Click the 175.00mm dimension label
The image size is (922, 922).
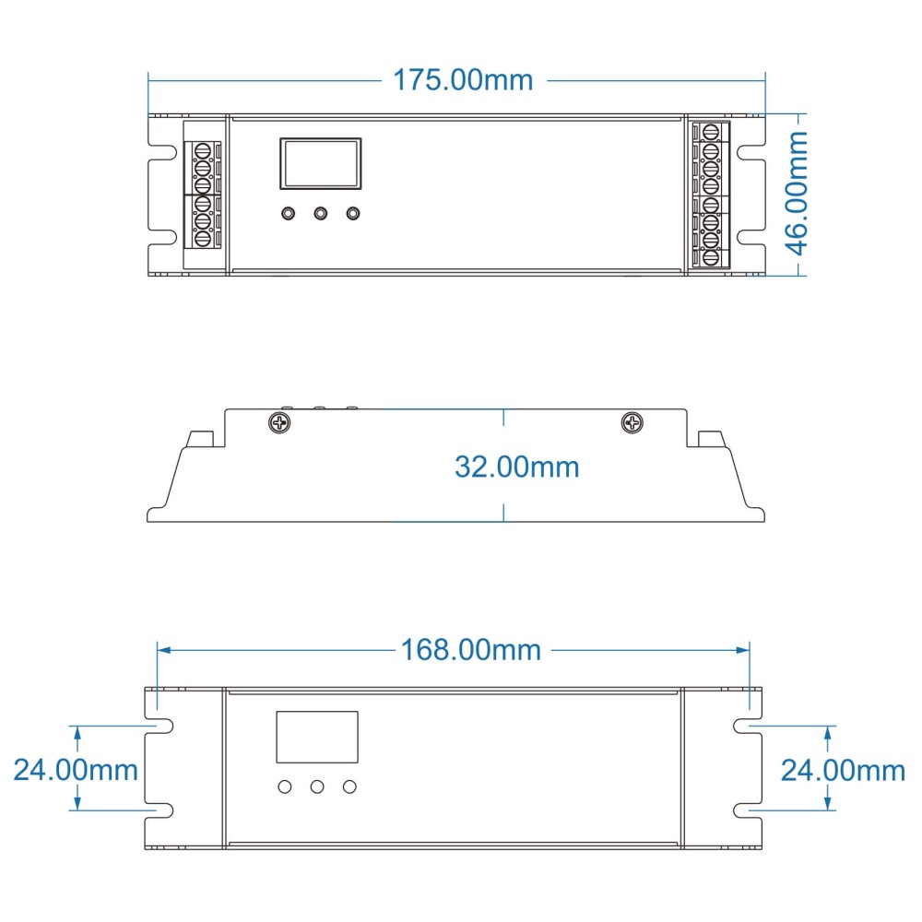[x=463, y=80]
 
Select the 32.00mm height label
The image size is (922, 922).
[x=516, y=467]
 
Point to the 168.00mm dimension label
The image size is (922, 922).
[x=470, y=650]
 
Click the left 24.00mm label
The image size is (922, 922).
[x=76, y=769]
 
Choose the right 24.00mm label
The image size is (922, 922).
[x=843, y=769]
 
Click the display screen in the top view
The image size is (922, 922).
[x=320, y=164]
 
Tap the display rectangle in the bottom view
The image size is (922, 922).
[x=317, y=737]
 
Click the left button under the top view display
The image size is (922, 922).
[x=288, y=214]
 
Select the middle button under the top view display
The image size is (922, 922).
[x=320, y=214]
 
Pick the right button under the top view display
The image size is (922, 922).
[x=352, y=214]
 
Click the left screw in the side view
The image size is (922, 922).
[x=278, y=423]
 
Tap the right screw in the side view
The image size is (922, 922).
[x=632, y=423]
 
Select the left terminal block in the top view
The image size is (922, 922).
[x=204, y=195]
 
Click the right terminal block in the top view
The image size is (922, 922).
[x=711, y=195]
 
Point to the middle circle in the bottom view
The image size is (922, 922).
[x=317, y=786]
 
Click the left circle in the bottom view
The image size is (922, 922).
[x=285, y=786]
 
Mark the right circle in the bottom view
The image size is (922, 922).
[x=349, y=786]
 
